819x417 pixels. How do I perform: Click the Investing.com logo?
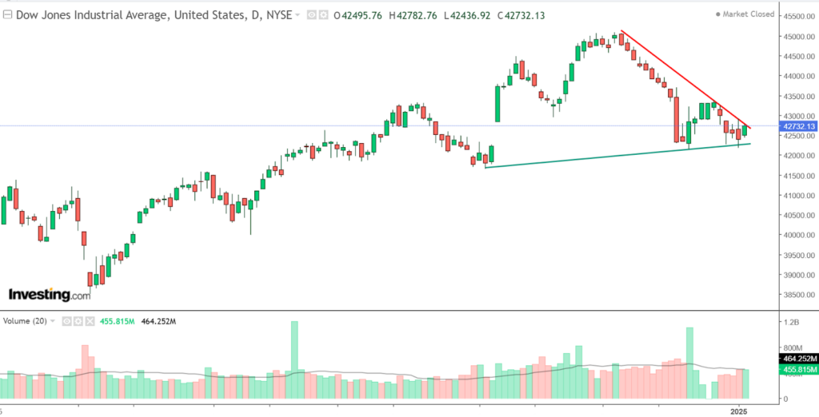[x=49, y=295]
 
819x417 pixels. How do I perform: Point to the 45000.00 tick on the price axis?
[x=798, y=37]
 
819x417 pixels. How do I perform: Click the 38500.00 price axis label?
[x=798, y=295]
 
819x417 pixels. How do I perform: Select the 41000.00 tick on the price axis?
[x=798, y=196]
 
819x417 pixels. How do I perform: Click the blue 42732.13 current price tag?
[x=797, y=126]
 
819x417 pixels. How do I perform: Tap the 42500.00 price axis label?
[x=798, y=136]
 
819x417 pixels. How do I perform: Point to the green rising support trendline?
[x=608, y=156]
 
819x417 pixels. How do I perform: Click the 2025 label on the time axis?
[x=739, y=411]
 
